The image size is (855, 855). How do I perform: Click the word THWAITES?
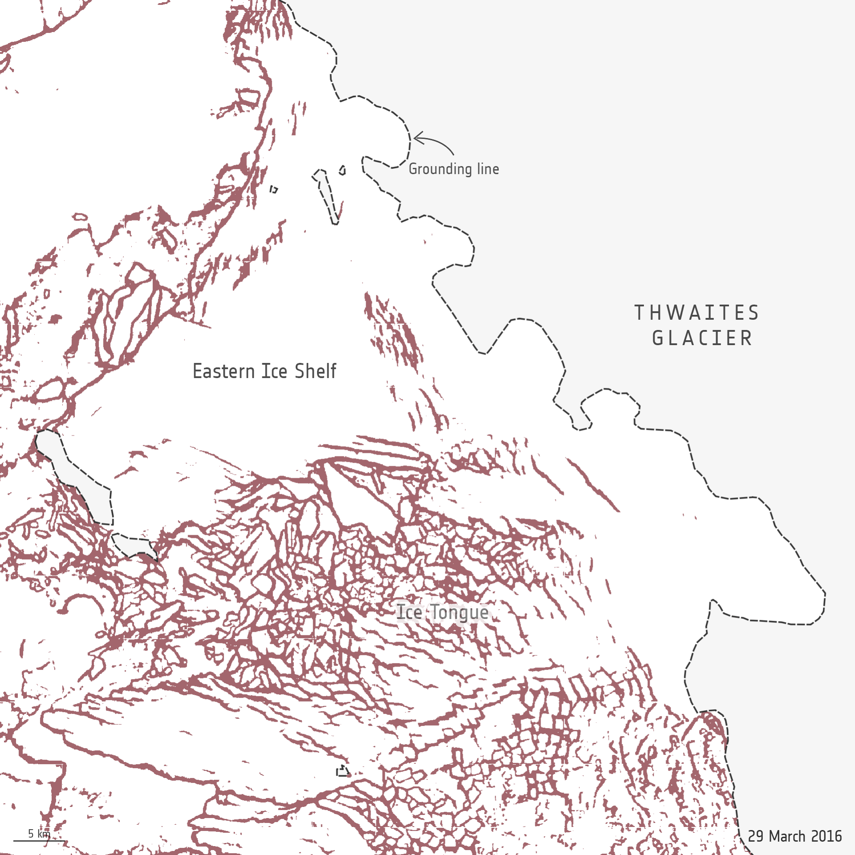click(697, 313)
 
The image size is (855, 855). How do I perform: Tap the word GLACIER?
click(702, 338)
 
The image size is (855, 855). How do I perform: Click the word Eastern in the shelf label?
click(224, 371)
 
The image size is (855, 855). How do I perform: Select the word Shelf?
click(315, 371)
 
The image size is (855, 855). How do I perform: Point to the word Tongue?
click(459, 613)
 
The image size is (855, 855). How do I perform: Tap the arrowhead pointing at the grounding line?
click(416, 138)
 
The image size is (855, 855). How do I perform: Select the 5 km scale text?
click(39, 833)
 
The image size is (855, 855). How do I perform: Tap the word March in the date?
click(787, 836)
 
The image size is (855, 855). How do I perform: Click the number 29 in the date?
click(756, 836)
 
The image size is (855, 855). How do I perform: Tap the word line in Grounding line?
click(488, 169)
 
